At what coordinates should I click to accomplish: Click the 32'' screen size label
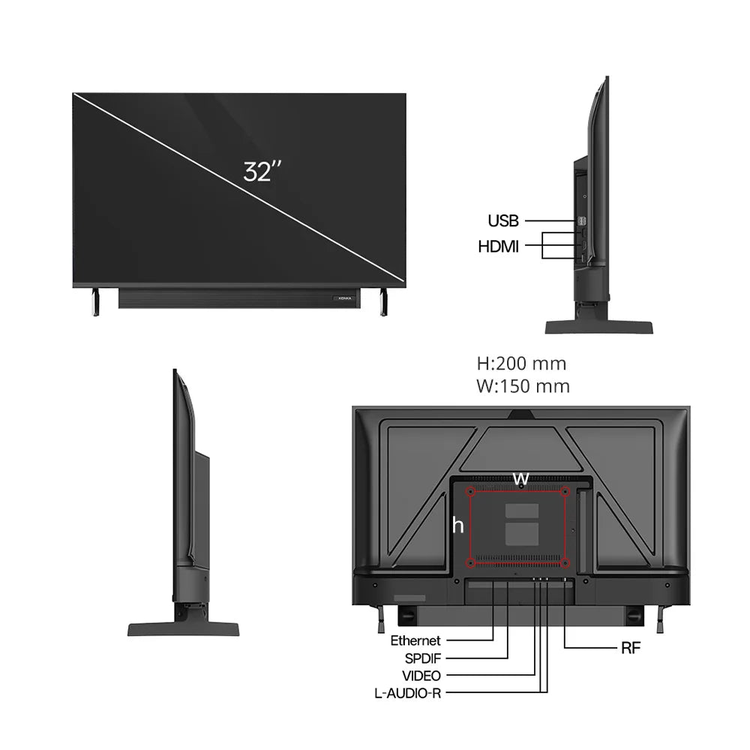pyautogui.click(x=262, y=172)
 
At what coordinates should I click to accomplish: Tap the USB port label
pyautogui.click(x=502, y=221)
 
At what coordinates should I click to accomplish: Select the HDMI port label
pyautogui.click(x=498, y=246)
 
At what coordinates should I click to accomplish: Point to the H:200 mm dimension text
pyautogui.click(x=521, y=364)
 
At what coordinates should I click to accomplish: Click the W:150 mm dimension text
pyautogui.click(x=523, y=387)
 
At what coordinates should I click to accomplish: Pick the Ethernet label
pyautogui.click(x=415, y=640)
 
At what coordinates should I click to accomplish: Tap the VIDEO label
pyautogui.click(x=421, y=676)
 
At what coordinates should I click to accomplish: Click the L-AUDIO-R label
pyautogui.click(x=407, y=693)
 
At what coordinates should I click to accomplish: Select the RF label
pyautogui.click(x=631, y=648)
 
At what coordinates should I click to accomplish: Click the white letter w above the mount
pyautogui.click(x=520, y=478)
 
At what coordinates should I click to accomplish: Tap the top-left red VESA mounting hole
pyautogui.click(x=471, y=493)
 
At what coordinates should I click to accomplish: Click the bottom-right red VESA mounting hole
pyautogui.click(x=565, y=562)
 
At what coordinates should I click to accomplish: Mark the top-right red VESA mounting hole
pyautogui.click(x=565, y=493)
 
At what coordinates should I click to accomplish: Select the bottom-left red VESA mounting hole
pyautogui.click(x=471, y=562)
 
